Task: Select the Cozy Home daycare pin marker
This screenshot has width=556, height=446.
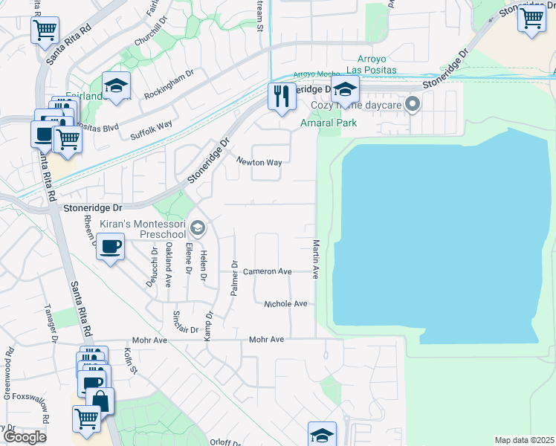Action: pyautogui.click(x=414, y=104)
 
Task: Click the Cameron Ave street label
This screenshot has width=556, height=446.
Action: pyautogui.click(x=270, y=272)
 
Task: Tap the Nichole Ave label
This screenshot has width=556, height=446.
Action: pyautogui.click(x=285, y=304)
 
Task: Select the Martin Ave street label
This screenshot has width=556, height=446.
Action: pyautogui.click(x=316, y=259)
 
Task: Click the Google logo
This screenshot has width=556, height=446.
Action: pyautogui.click(x=25, y=437)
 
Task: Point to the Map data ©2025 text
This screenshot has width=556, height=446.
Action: pyautogui.click(x=524, y=440)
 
